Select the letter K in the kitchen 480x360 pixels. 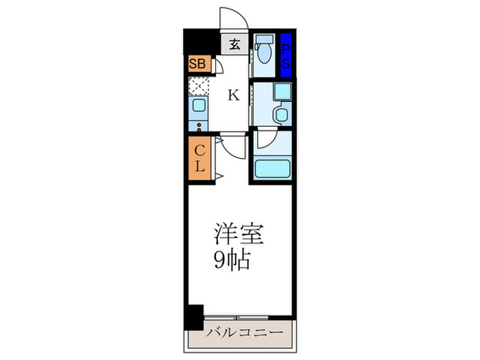coord(234,95)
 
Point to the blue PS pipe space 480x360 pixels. coord(286,54)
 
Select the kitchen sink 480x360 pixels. coord(197,106)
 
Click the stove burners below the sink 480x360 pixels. coord(197,125)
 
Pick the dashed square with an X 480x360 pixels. coord(198,86)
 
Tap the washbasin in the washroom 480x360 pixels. coord(281,114)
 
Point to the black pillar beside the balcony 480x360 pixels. coord(195,316)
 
